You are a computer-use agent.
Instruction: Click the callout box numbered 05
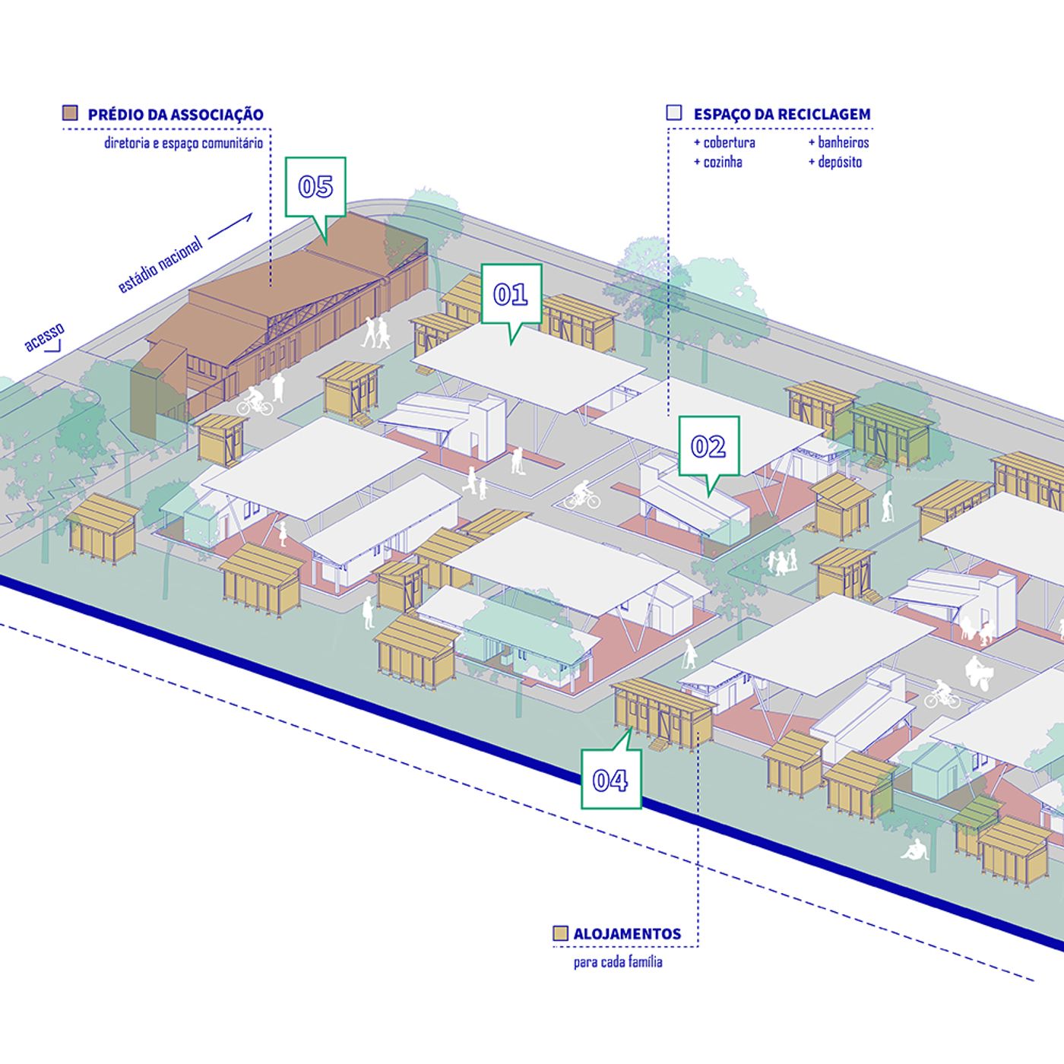tap(315, 186)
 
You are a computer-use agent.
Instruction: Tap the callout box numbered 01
tap(511, 294)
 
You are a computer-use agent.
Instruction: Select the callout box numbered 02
tap(708, 446)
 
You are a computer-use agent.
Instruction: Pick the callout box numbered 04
tap(610, 779)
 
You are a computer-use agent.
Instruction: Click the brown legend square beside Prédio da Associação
tap(70, 113)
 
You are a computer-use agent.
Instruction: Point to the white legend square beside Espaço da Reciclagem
tap(673, 112)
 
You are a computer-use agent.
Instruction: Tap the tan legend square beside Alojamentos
tap(560, 933)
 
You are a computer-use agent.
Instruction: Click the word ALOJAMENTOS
tap(627, 934)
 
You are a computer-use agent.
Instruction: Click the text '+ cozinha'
tap(718, 162)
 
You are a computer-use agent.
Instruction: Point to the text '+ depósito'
tap(835, 162)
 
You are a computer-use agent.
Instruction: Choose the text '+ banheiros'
tap(838, 142)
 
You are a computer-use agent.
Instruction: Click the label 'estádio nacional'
tap(160, 264)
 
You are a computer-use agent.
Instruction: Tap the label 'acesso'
tap(44, 337)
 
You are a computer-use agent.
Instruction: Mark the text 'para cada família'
tap(618, 962)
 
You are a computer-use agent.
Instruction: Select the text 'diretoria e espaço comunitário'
tap(183, 143)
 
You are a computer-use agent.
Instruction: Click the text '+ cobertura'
tap(724, 142)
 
